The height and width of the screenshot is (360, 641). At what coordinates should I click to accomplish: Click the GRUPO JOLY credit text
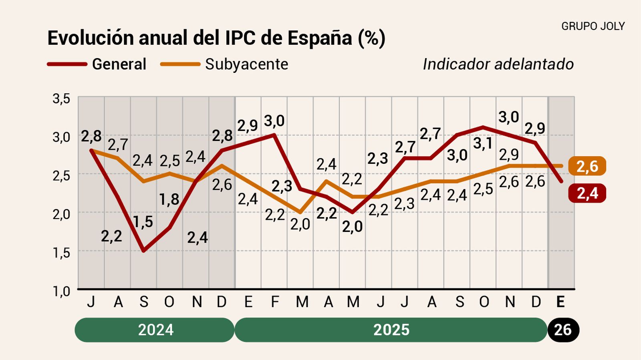[x=593, y=26]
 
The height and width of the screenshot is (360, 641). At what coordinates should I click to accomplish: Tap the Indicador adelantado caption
[x=498, y=64]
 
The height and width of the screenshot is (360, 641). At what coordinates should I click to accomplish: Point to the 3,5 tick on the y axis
[x=61, y=99]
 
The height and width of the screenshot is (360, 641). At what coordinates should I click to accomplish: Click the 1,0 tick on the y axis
[x=61, y=291]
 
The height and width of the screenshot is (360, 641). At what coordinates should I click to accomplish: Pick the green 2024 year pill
[x=155, y=330]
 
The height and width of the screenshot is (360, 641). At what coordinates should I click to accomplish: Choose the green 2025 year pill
[x=391, y=330]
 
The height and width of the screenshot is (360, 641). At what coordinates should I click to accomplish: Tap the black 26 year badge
[x=562, y=330]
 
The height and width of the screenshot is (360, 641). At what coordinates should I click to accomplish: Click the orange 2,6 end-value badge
[x=587, y=166]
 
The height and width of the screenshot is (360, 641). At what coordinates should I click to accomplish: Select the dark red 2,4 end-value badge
[x=587, y=193]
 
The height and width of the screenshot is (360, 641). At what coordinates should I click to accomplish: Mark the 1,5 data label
[x=143, y=221]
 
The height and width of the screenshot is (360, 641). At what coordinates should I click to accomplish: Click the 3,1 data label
[x=482, y=143]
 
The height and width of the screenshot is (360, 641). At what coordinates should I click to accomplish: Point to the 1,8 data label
[x=169, y=199]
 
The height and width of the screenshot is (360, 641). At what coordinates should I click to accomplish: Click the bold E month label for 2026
[x=560, y=302]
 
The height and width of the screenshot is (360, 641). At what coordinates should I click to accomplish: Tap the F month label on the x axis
[x=275, y=302]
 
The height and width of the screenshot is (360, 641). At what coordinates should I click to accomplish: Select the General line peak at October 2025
[x=484, y=127]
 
